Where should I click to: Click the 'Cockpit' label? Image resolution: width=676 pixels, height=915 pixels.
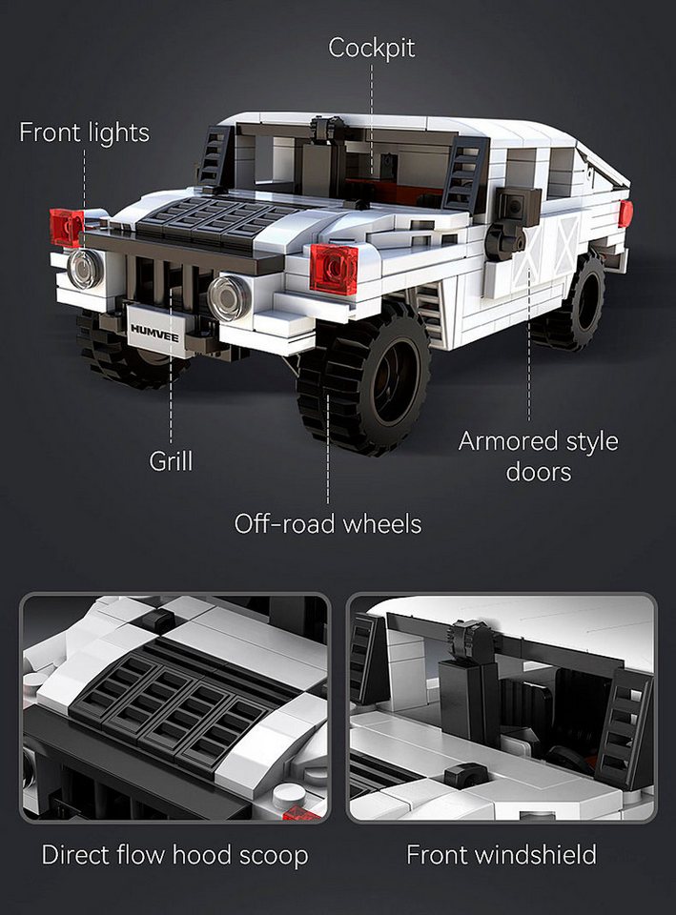pyautogui.click(x=371, y=48)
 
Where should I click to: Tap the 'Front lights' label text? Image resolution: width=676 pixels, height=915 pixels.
pyautogui.click(x=85, y=132)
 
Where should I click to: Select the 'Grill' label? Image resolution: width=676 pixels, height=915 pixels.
pyautogui.click(x=171, y=461)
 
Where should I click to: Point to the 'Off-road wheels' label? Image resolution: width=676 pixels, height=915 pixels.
pyautogui.click(x=327, y=523)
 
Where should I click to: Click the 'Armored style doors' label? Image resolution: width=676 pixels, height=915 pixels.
pyautogui.click(x=538, y=457)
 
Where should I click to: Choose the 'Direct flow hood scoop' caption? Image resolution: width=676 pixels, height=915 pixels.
pyautogui.click(x=174, y=855)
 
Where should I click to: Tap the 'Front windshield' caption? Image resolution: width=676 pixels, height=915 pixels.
pyautogui.click(x=502, y=855)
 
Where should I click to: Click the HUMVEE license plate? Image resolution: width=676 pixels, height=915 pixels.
pyautogui.click(x=155, y=331)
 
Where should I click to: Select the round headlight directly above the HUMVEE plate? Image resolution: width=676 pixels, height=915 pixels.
pyautogui.click(x=229, y=298)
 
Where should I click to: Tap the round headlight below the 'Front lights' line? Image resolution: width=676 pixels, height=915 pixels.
pyautogui.click(x=85, y=269)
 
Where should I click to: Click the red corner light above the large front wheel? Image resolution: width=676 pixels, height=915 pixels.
pyautogui.click(x=334, y=269)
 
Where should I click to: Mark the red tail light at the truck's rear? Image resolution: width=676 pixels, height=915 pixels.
pyautogui.click(x=625, y=213)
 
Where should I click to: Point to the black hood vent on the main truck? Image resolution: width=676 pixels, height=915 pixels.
pyautogui.click(x=210, y=222)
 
